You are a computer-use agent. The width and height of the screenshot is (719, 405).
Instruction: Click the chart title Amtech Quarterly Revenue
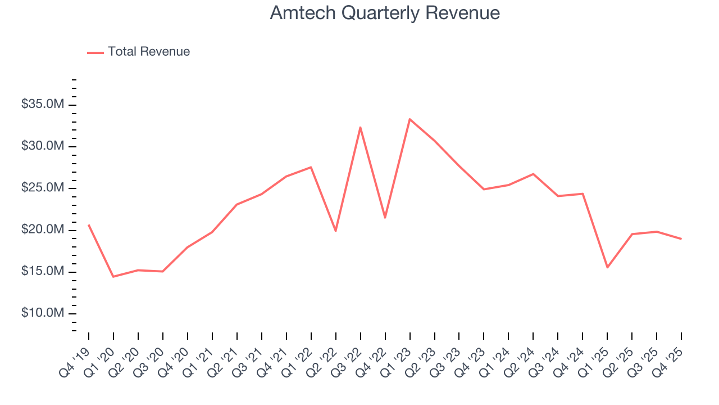point(385,13)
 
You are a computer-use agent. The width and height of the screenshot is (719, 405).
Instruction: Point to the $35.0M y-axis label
point(43,105)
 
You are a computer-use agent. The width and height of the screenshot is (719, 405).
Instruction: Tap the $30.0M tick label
point(43,146)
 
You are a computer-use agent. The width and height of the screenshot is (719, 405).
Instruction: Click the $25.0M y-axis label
point(43,188)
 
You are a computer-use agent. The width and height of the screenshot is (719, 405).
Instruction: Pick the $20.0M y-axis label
point(43,229)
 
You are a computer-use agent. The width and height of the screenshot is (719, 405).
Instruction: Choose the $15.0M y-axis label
point(43,271)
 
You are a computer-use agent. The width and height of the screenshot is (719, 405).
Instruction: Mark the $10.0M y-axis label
point(43,313)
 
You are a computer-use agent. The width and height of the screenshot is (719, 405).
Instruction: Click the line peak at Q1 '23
point(409,119)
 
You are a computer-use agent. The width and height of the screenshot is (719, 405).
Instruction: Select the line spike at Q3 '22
point(360,127)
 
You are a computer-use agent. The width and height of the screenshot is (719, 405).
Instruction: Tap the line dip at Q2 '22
point(335,231)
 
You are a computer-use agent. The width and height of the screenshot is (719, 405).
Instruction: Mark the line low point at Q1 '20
point(113,277)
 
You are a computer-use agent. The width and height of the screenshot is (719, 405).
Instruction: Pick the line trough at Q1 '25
point(607,267)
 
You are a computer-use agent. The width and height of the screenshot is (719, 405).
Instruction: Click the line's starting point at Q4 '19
point(89,225)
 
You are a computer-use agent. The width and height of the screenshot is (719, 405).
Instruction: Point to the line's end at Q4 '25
point(681,239)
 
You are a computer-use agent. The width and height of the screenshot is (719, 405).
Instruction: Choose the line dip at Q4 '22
point(385,218)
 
